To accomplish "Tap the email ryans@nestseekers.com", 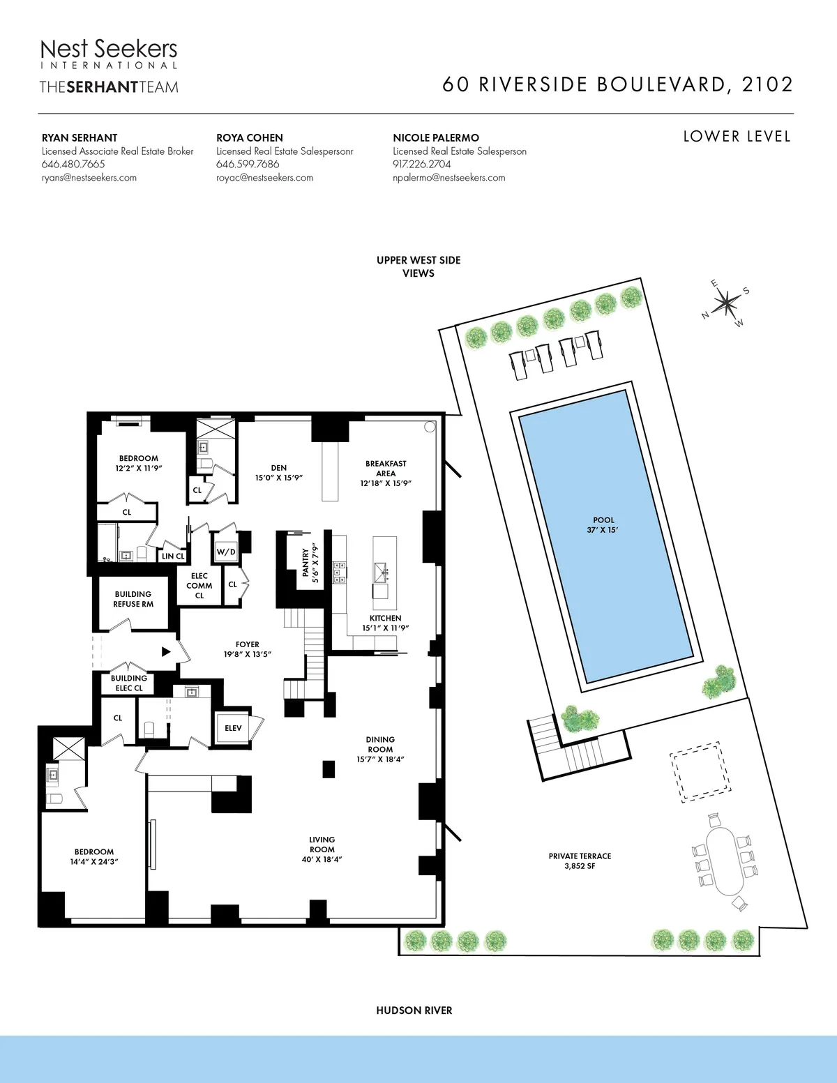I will [x=89, y=178].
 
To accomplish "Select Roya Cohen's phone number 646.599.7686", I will [x=248, y=165].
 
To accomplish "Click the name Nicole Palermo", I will [x=436, y=138].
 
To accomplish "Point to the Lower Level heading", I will [x=737, y=137].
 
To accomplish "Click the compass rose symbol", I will [x=726, y=303].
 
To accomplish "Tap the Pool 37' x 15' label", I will [x=603, y=525].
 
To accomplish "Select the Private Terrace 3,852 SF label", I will [x=580, y=861].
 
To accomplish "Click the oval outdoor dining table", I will [x=725, y=861].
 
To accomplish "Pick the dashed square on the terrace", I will [x=700, y=773].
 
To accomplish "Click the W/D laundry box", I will [x=226, y=552].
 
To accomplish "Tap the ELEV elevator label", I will [x=233, y=728].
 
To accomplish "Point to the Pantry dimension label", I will [x=310, y=563].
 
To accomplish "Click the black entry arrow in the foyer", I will [x=166, y=651].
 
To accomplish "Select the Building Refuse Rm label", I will [x=133, y=599].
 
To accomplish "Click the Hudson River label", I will [x=414, y=1010].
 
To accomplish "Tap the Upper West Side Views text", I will [x=418, y=266].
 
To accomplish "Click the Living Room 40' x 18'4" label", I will [x=322, y=849].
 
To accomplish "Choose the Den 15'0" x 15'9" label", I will [x=279, y=473].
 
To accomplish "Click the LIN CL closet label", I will [x=173, y=556].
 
